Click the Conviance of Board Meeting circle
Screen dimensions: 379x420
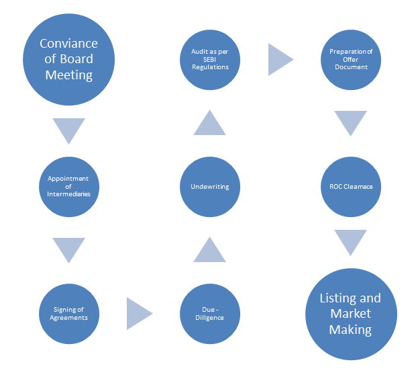point(68,59)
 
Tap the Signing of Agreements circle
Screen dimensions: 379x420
point(68,313)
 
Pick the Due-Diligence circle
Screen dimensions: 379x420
point(210,313)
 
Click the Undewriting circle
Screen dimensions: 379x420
point(210,186)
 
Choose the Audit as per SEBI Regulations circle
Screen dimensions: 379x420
point(210,59)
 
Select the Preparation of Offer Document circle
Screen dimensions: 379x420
point(351,59)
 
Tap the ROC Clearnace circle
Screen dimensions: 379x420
point(351,186)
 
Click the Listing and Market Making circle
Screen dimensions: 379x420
point(351,313)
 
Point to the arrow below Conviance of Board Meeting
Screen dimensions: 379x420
point(68,128)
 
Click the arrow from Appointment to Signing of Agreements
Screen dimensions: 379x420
point(68,249)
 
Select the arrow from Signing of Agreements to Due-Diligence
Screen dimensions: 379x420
point(138,313)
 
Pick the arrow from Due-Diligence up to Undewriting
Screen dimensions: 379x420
point(210,251)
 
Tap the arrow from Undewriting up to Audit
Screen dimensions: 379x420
point(210,124)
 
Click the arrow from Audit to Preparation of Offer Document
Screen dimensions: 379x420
point(279,59)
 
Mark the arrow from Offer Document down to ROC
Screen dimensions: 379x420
point(351,122)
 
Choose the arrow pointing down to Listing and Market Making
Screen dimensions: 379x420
point(351,241)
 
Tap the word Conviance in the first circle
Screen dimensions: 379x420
point(68,44)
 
